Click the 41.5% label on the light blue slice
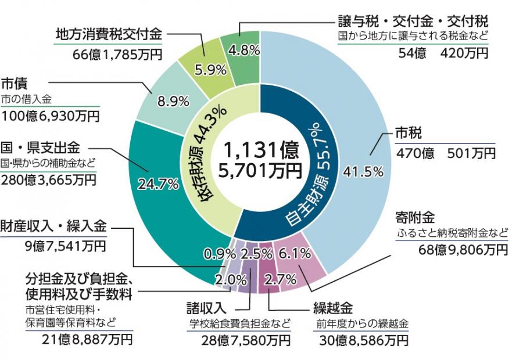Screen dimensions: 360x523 pos(364,171)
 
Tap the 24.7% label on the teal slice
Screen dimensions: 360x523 pos(158,184)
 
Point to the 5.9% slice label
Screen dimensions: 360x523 pos(210,70)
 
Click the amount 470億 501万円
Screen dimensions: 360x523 pos(445,154)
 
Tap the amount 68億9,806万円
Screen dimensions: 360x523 pos(463,250)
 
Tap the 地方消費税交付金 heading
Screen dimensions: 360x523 pos(108,33)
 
